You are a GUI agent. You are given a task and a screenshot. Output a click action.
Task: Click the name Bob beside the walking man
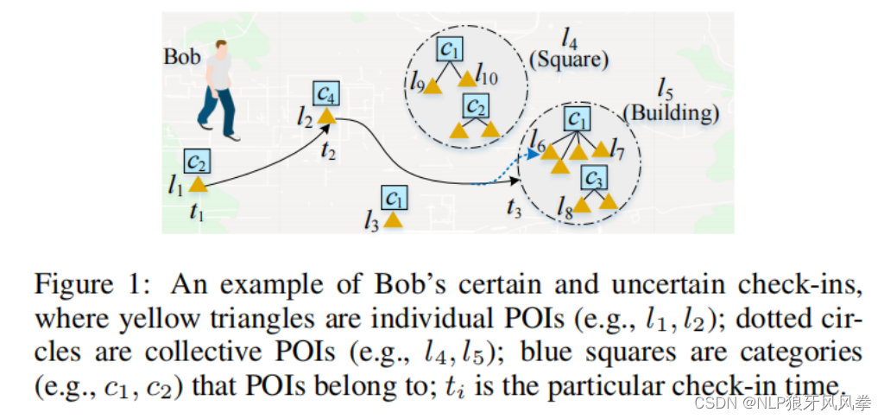click(182, 57)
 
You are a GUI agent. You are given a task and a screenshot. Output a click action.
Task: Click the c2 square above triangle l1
click(198, 160)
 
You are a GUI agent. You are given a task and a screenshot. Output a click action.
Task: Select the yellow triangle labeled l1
click(198, 184)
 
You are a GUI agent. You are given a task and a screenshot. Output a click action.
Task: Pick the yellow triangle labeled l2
click(326, 116)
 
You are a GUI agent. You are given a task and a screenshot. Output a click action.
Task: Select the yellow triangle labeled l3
click(394, 219)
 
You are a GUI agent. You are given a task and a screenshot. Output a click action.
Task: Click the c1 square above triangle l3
click(395, 197)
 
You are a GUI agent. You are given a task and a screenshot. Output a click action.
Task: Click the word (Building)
click(671, 112)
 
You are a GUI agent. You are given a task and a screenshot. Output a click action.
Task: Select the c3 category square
click(593, 177)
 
